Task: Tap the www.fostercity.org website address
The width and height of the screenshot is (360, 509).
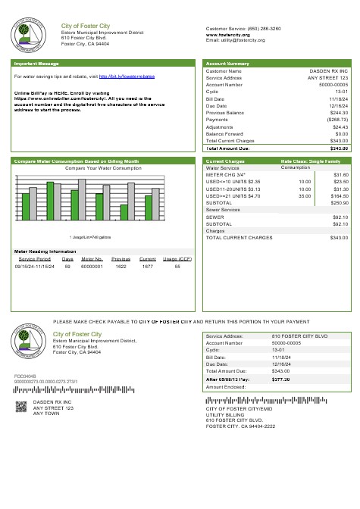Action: click(228, 34)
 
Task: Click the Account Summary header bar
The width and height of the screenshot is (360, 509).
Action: click(227, 64)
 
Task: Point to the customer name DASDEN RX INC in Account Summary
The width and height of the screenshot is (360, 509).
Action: click(327, 70)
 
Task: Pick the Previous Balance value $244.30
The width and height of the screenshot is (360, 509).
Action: click(337, 113)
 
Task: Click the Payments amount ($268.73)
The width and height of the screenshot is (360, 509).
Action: click(337, 120)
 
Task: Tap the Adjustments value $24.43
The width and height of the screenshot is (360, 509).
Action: click(339, 127)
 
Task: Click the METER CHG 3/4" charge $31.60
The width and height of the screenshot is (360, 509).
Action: click(340, 175)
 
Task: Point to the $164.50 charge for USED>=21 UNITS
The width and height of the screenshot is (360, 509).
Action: click(339, 196)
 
